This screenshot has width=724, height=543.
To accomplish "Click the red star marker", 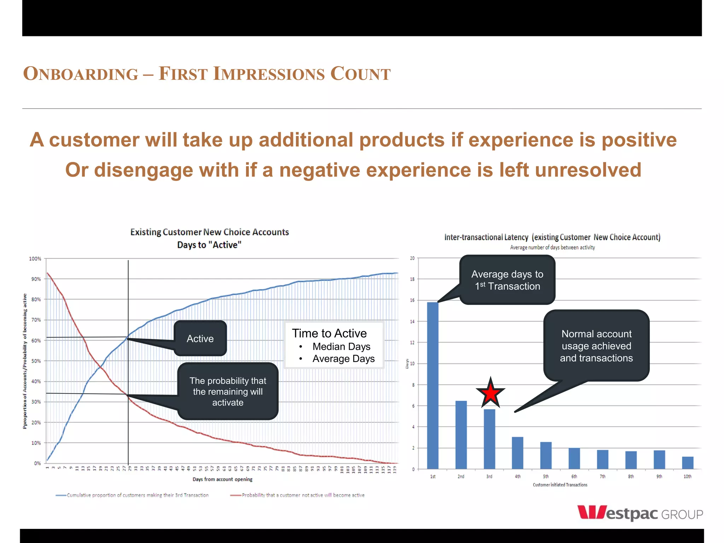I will pos(490,393).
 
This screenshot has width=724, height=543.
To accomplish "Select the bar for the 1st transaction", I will pos(433,385).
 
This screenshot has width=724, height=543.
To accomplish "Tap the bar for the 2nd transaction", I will pos(461,435).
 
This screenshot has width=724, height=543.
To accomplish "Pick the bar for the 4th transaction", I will pos(518,453).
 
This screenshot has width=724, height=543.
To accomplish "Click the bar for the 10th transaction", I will pos(688,463).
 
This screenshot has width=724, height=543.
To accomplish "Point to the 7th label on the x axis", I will pos(602,477).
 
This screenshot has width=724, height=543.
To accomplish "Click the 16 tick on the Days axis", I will pos(412,300).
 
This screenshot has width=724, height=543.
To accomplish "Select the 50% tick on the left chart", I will pos(36,361).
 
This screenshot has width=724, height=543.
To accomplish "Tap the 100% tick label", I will pos(35,259).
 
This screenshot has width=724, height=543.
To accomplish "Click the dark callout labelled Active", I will pos(200,338).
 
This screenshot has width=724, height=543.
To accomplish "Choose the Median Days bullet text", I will pos(341,346).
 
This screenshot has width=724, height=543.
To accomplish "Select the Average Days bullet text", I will pos(343,359).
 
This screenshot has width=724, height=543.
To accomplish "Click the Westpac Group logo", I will pos(640,513).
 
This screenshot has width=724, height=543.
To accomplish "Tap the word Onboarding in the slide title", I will pos(81,74).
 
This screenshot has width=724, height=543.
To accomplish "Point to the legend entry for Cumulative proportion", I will pos(132,495).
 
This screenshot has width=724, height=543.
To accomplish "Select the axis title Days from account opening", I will pos(222,479).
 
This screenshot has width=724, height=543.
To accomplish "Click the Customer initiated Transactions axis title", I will pos(560,485).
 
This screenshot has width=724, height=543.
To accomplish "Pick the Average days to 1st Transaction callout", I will pos(507,280).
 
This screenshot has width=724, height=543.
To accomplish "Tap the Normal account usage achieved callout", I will pos(596,346).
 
